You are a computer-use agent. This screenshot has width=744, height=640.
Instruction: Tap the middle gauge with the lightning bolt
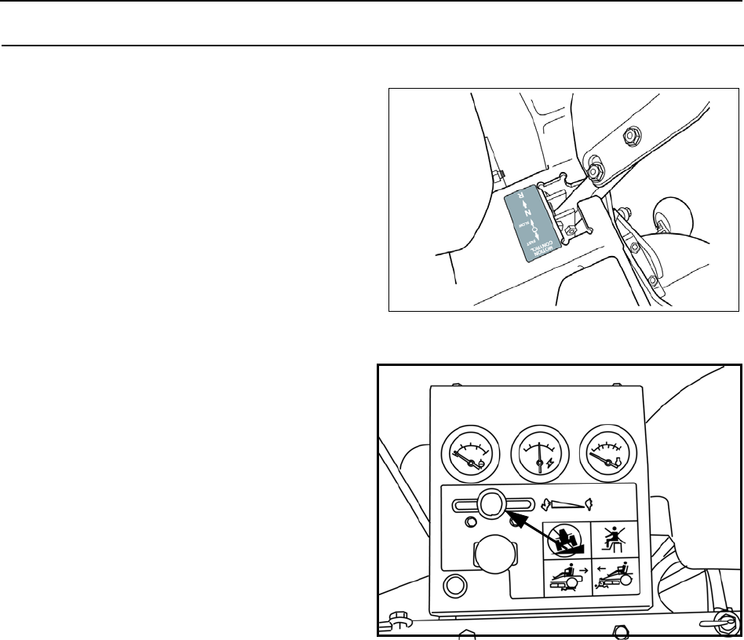pyautogui.click(x=538, y=458)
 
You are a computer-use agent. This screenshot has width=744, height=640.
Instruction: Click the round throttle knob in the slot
pyautogui.click(x=493, y=503)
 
